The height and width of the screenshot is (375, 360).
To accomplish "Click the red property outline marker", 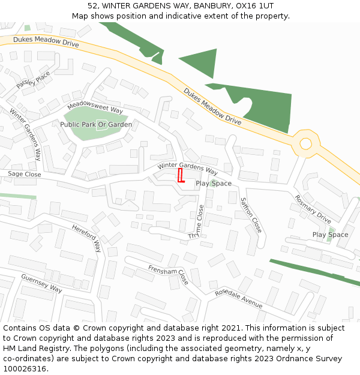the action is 181,176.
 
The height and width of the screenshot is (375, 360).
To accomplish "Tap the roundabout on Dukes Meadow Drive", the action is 306,143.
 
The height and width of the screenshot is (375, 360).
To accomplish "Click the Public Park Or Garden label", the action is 96,125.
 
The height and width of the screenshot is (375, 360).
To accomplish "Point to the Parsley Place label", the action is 33,80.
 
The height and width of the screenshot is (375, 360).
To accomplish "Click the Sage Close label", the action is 24,174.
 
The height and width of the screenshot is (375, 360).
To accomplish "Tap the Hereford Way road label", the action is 87,238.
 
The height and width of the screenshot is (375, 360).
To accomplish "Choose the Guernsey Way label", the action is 41,284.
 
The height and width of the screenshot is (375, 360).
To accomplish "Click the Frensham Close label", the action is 169,275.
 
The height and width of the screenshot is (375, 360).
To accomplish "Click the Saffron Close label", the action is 251,215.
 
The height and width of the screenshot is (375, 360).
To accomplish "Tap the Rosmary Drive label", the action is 313,209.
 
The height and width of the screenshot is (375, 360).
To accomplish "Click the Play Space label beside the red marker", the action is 214,184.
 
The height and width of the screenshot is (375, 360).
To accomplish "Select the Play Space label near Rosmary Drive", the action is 330,235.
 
